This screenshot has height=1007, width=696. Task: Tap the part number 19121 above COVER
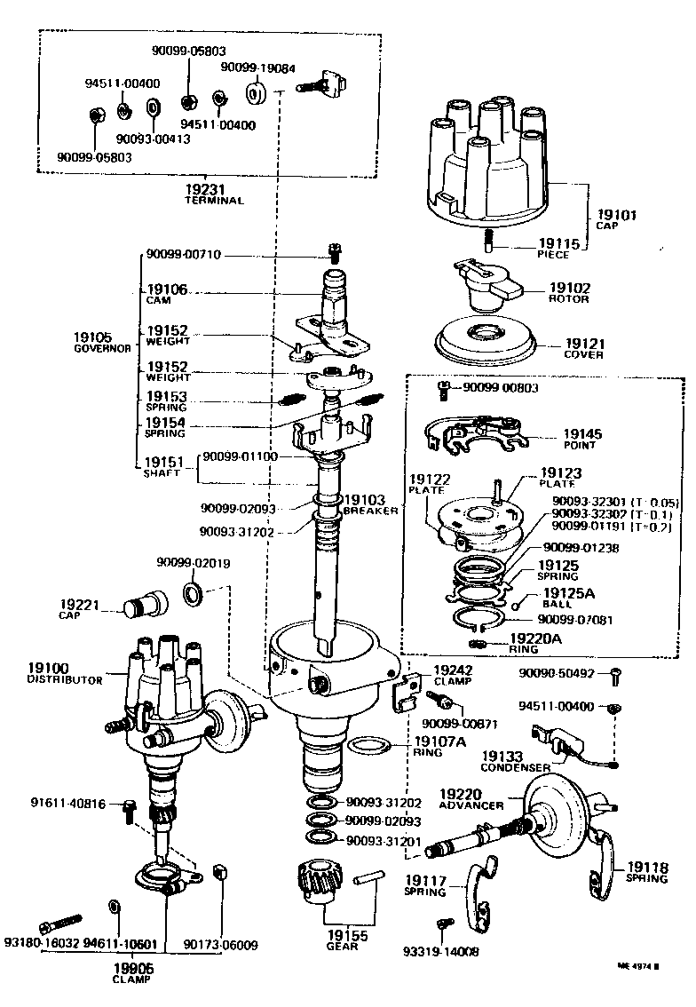583,343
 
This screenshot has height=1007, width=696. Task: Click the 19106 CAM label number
167,289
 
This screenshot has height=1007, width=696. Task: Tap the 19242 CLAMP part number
453,670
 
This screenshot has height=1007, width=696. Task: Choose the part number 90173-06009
221,944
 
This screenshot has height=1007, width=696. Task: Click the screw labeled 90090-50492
617,678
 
